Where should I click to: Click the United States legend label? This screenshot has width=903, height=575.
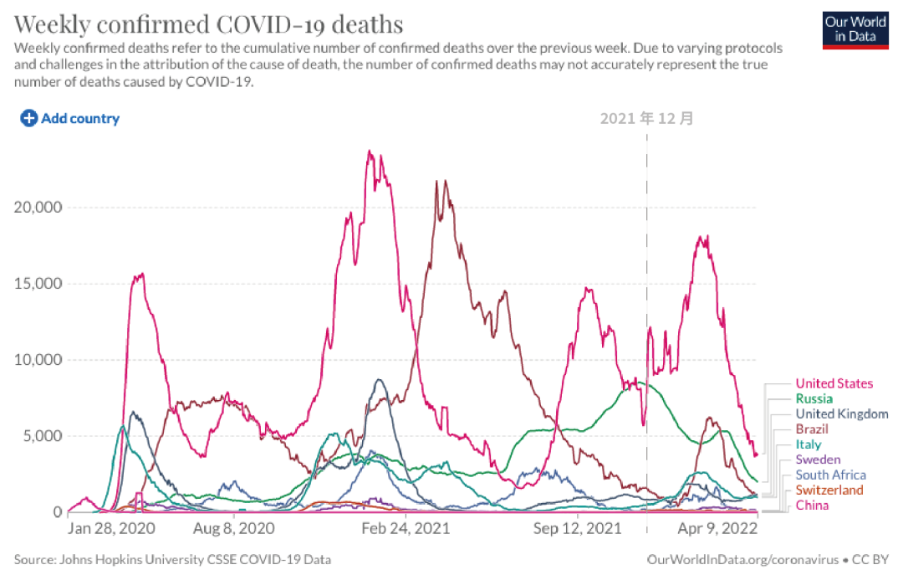pos(834,383)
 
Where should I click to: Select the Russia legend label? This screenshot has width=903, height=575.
pos(814,398)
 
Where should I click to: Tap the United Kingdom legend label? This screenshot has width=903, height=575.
pos(841,413)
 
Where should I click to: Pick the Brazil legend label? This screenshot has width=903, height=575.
pos(812,429)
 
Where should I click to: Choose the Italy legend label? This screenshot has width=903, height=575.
pos(808,444)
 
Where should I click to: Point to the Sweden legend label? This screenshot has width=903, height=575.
pos(818,459)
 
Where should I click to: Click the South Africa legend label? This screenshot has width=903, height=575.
pos(830,475)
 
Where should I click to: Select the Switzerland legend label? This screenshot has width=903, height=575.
pos(829,490)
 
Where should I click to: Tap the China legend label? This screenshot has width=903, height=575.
pos(812,506)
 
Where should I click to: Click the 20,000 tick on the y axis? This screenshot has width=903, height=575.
pos(38,208)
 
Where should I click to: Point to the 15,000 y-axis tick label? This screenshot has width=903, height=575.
pos(38,284)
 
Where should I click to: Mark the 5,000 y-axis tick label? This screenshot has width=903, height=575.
pos(41,436)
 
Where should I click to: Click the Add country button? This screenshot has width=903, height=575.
pos(70,118)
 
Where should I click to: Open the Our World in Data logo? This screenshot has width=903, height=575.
pos(855,29)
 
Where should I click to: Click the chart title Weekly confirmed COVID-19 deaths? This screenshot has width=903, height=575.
pos(208,22)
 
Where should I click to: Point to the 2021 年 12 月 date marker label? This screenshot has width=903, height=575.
pos(646,118)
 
